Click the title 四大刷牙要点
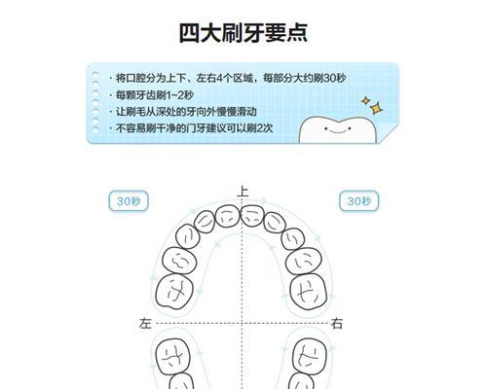coord(243,33)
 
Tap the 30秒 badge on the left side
coord(129,201)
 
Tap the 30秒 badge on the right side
coord(358,201)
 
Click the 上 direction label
coord(243,191)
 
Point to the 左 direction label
coord(145,323)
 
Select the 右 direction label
coord(337,323)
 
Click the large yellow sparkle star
coord(376,108)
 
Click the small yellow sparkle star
coord(366,100)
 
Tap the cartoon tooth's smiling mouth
coord(337,131)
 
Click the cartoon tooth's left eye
coord(326,128)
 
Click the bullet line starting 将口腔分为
coord(228,78)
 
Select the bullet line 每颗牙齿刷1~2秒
coord(151,95)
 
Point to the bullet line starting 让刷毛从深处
coord(183,112)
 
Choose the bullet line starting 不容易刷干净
coord(191,128)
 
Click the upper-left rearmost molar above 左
coord(174,291)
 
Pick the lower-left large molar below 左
coord(172,356)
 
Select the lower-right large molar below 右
coord(310,356)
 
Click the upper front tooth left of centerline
coord(228,216)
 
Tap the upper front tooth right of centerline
coord(253,216)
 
